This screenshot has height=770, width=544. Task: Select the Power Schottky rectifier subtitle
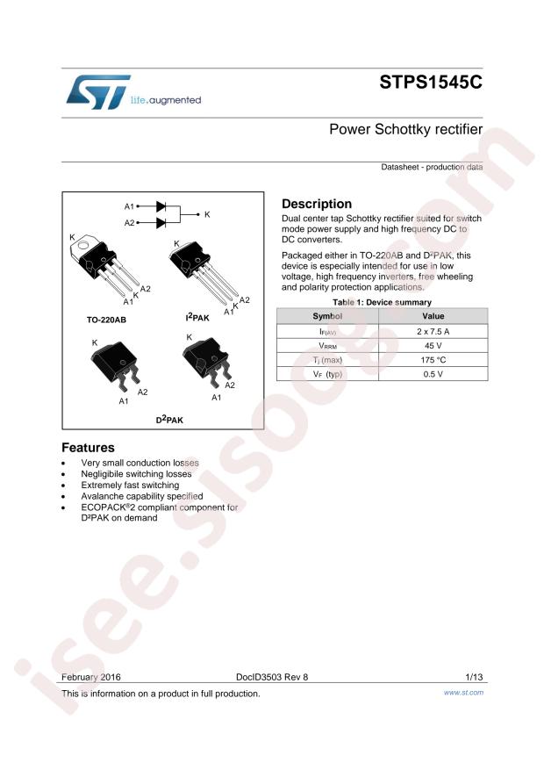coord(405,130)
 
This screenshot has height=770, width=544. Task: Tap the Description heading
coord(316,204)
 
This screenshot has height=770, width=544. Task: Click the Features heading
coord(88,447)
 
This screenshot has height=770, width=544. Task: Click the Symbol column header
coord(327,315)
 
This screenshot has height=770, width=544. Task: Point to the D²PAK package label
coord(169,420)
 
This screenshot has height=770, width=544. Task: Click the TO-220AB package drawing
coord(103,268)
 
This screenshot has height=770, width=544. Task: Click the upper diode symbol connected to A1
coord(161,205)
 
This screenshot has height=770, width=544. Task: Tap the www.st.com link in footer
coord(463,693)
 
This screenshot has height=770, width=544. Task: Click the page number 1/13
coord(474,677)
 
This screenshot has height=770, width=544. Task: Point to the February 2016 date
coord(91,677)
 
